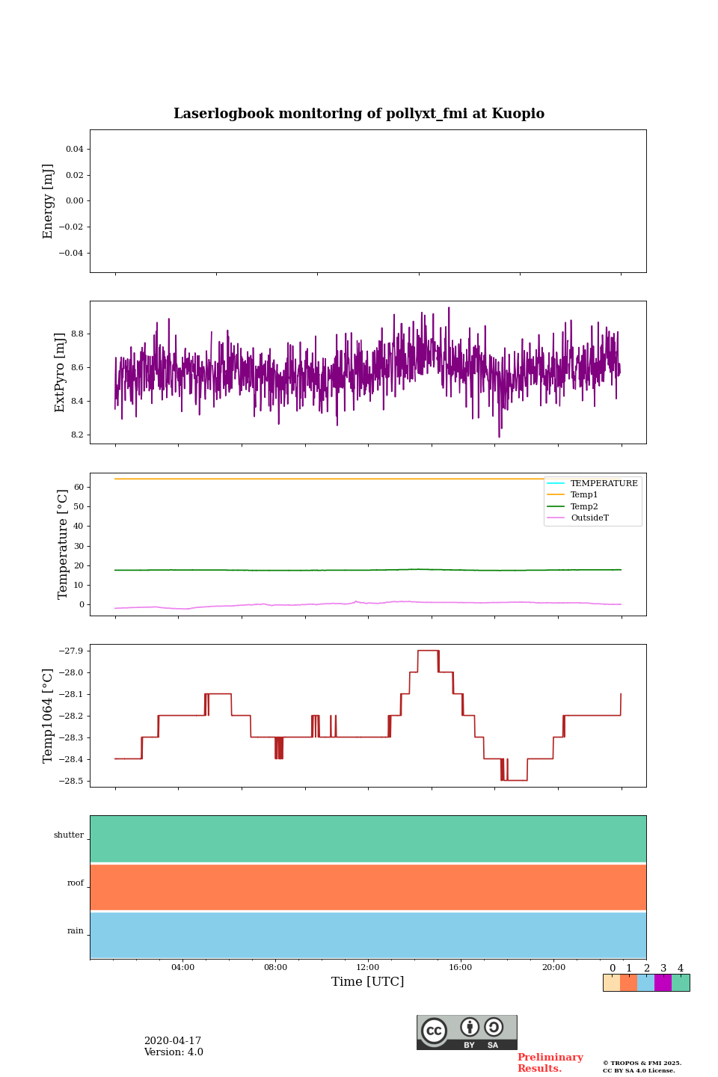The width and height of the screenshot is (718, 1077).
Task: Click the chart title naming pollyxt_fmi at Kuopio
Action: [359, 114]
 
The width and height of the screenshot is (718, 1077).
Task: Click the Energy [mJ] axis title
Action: [49, 201]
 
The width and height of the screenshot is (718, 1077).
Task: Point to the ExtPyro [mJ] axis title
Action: [61, 372]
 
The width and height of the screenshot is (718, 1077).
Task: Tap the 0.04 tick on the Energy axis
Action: [74, 149]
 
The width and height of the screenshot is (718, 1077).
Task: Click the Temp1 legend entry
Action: [583, 495]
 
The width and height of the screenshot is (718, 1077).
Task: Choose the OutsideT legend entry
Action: [589, 518]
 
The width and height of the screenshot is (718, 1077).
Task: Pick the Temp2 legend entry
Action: [583, 506]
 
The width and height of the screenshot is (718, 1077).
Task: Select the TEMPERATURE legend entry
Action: [604, 483]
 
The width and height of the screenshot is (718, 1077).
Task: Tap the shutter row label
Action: [69, 835]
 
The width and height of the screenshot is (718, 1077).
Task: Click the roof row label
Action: [76, 883]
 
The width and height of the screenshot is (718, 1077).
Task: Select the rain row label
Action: [76, 931]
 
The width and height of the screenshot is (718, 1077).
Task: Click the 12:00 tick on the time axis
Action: [368, 968]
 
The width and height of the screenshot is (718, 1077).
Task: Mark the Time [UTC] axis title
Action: [368, 982]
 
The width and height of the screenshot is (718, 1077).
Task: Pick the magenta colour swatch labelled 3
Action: [663, 983]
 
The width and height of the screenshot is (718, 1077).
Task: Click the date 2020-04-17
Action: [173, 1041]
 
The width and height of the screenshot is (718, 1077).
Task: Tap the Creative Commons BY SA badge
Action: [467, 1032]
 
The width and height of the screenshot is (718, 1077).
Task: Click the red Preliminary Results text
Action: [550, 1063]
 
